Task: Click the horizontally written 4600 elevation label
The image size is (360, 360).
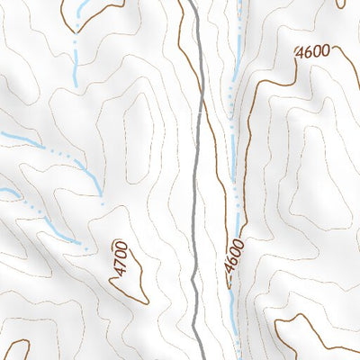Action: click(312, 52)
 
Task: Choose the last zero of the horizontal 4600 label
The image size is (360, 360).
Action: click(325, 50)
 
